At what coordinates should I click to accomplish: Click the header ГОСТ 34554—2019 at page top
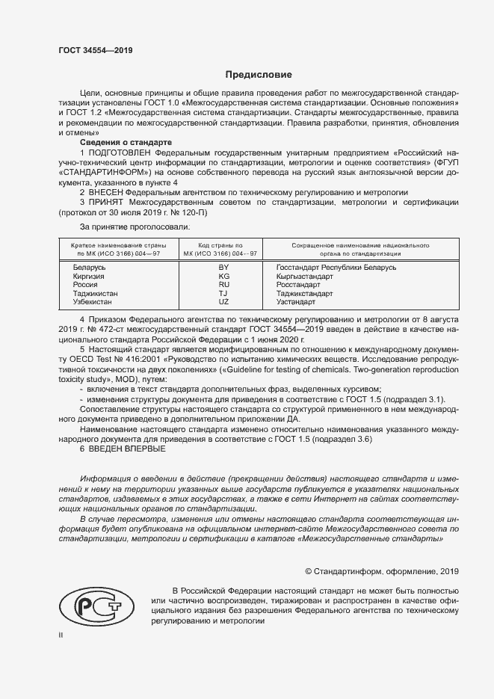tap(95, 51)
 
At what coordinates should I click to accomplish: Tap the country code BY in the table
tap(223, 267)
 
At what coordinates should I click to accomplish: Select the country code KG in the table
tap(223, 276)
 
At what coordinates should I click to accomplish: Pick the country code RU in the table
tap(223, 285)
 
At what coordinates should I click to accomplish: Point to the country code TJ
tap(223, 294)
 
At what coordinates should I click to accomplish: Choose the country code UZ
tap(223, 302)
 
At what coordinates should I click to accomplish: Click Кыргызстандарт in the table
tap(304, 276)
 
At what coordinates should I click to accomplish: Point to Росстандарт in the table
tap(299, 285)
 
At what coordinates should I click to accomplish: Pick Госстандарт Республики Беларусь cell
tap(336, 267)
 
